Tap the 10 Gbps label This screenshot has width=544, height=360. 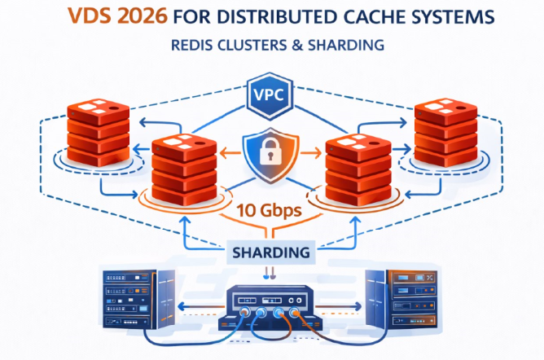click(x=270, y=210)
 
